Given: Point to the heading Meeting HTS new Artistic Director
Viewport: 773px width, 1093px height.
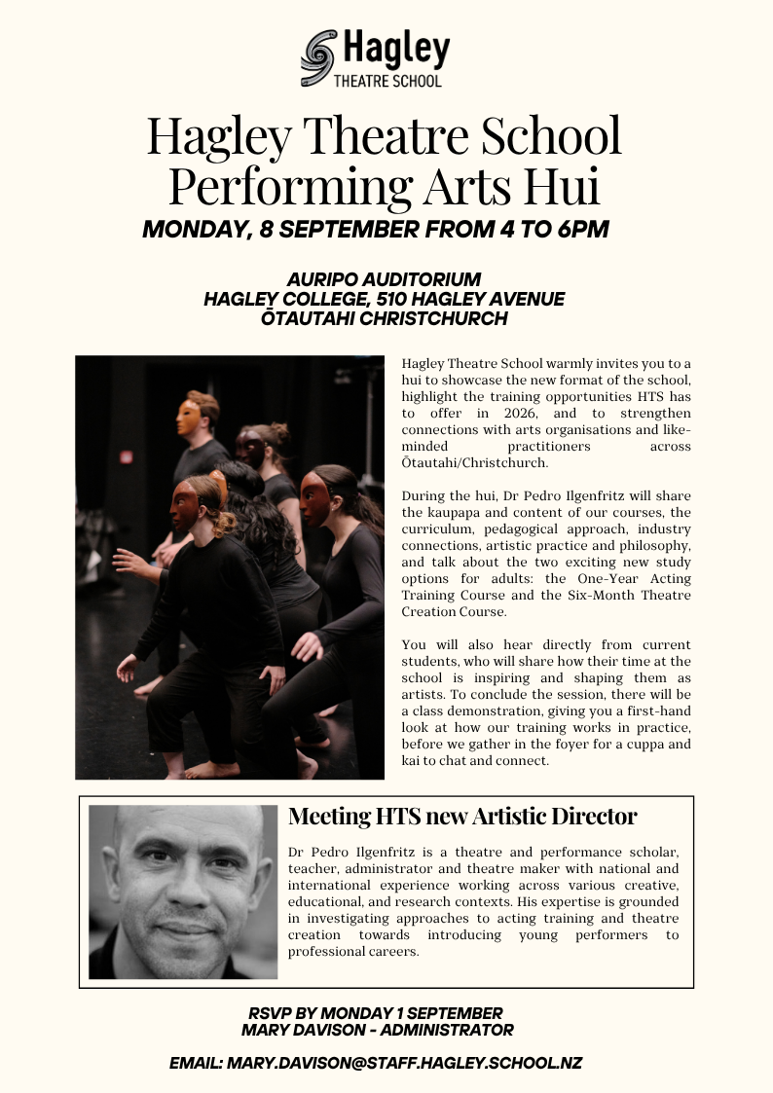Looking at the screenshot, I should [x=462, y=817].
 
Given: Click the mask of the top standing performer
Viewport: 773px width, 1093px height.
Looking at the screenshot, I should [x=188, y=418].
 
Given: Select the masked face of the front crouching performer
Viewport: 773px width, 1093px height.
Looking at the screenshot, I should [x=185, y=506].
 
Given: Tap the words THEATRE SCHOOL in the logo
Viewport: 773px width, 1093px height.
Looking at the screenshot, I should [x=387, y=81].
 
